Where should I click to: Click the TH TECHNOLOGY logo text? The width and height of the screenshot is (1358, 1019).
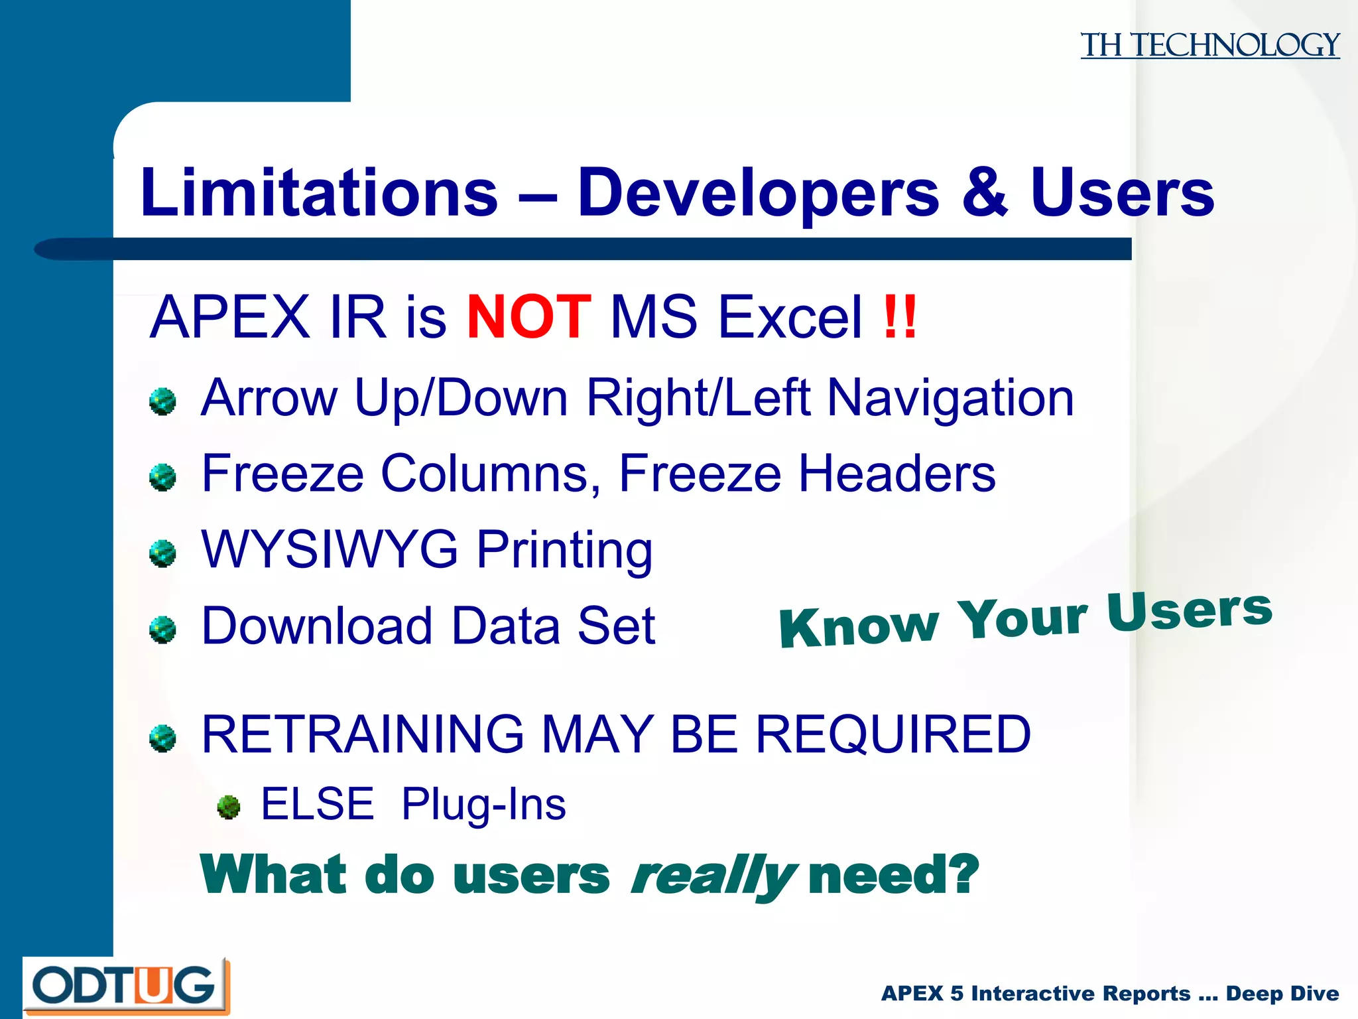1209,45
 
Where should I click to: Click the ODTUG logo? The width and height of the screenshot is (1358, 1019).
126,986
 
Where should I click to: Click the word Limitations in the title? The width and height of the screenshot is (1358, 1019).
319,193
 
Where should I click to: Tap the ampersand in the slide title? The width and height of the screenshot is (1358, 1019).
985,193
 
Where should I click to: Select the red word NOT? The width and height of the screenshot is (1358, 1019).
528,317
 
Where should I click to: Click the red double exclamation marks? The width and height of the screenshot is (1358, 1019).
900,317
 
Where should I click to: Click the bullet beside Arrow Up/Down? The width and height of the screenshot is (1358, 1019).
162,402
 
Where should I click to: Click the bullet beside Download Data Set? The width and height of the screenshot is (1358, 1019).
162,630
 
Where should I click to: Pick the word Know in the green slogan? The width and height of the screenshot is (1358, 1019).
859,626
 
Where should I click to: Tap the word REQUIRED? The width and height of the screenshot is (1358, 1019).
893,734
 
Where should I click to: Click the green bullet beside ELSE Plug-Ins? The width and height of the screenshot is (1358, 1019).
229,807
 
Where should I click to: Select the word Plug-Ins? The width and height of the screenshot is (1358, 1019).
483,804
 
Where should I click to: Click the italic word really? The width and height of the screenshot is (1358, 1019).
713,876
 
